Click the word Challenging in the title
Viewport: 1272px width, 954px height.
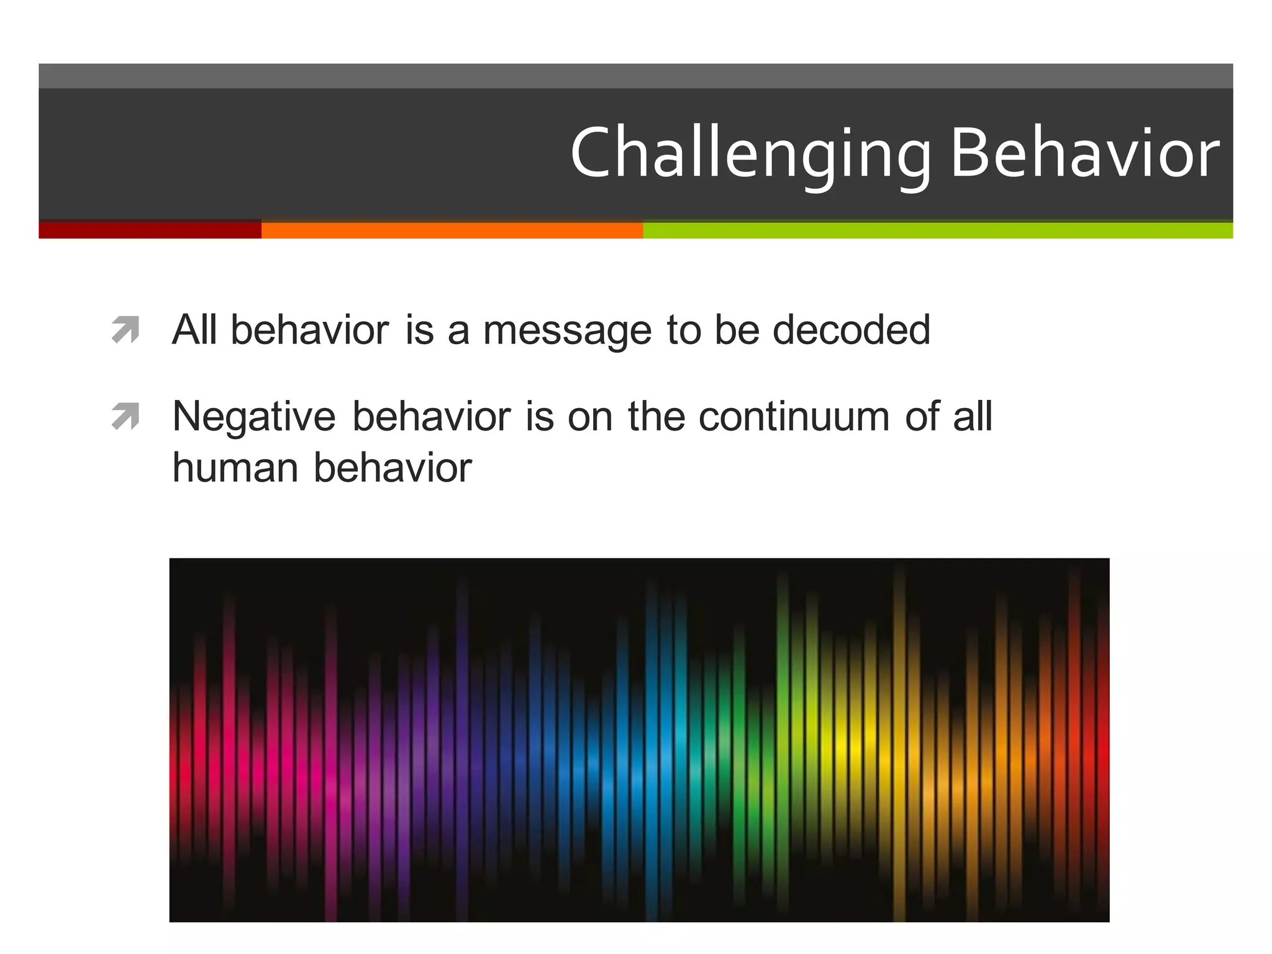(750, 154)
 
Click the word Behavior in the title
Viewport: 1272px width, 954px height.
(1084, 153)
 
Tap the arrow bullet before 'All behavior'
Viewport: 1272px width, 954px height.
(125, 330)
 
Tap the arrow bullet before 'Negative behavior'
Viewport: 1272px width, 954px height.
(125, 417)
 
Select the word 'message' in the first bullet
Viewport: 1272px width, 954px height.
(567, 330)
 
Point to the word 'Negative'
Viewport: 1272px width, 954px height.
(254, 416)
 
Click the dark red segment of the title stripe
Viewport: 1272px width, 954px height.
(150, 230)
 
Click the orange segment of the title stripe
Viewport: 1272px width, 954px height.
(452, 230)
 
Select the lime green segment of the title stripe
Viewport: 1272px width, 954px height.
(937, 230)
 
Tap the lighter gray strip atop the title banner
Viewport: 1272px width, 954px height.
(635, 76)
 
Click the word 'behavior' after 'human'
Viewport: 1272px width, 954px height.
(393, 467)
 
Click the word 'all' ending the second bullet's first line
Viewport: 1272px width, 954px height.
(973, 416)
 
